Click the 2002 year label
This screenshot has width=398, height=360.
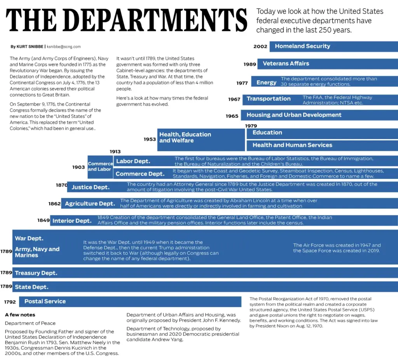[x=260, y=47]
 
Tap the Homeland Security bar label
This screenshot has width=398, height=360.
[x=302, y=46]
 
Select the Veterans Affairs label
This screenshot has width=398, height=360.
[x=286, y=63]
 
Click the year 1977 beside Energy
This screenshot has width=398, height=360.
[x=242, y=83]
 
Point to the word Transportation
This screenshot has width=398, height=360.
[x=269, y=99]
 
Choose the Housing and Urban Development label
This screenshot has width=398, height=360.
[x=294, y=115]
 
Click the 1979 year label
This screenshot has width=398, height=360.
[x=251, y=126]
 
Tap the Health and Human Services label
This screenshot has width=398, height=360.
[x=292, y=145]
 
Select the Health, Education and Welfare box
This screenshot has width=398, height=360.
[x=201, y=140]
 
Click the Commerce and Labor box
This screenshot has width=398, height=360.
[x=100, y=167]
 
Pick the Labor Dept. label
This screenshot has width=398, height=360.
[x=133, y=161]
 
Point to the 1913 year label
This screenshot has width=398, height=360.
[x=115, y=152]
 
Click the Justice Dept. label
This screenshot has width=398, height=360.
[x=90, y=187]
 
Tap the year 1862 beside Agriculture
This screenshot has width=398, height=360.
[x=54, y=204]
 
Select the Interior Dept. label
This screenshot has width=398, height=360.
[x=72, y=221]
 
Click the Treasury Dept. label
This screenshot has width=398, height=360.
[x=36, y=273]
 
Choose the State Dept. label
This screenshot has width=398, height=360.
[x=31, y=287]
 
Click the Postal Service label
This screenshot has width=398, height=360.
[x=45, y=301]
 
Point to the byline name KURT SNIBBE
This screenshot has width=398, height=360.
[x=30, y=47]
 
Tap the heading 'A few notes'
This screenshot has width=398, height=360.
[x=20, y=315]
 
